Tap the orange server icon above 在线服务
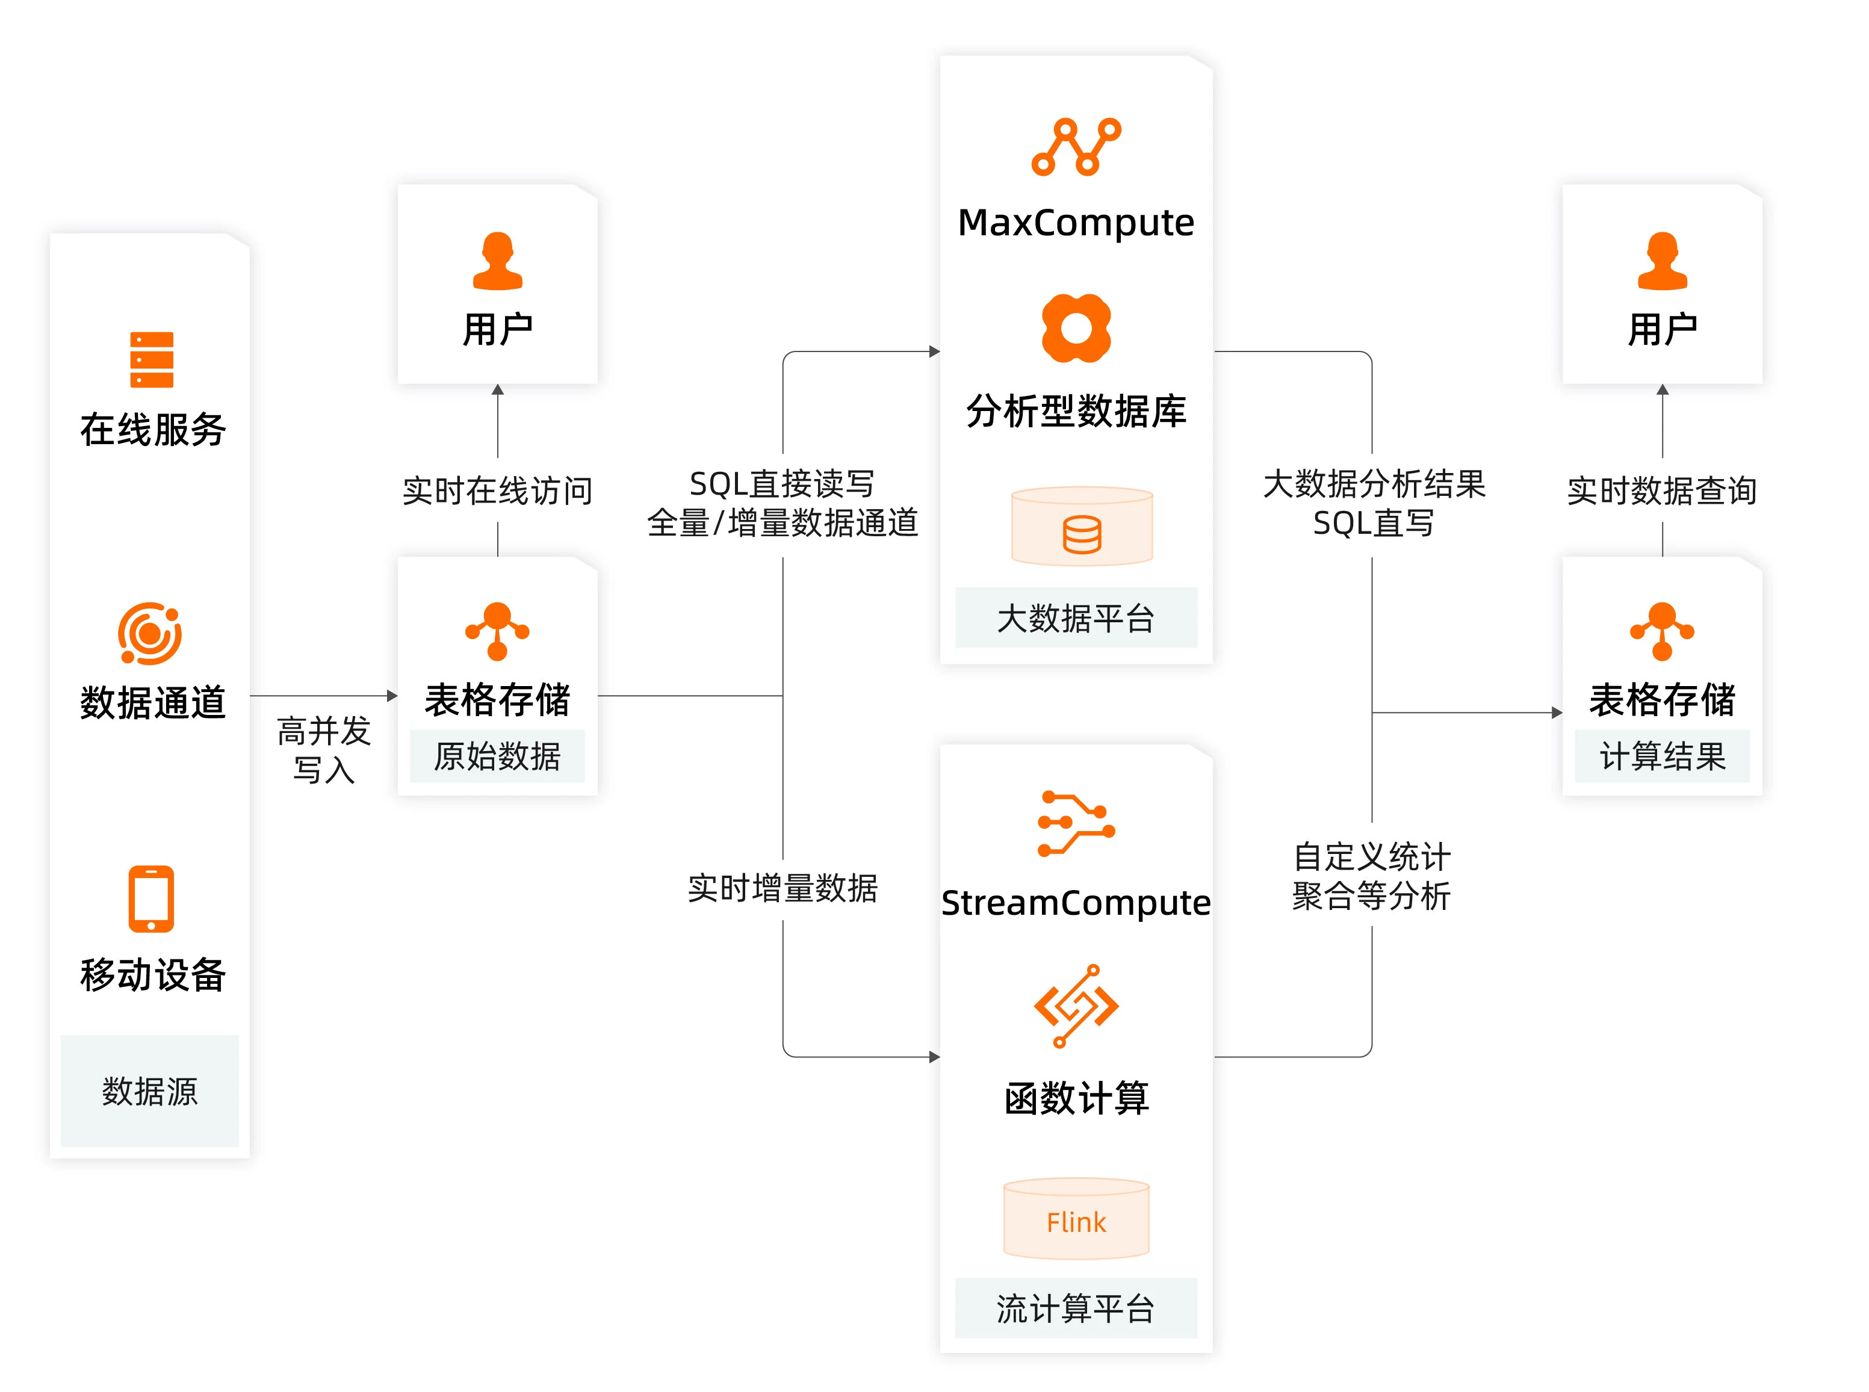[152, 360]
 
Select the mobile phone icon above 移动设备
[151, 899]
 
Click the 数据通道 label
[152, 701]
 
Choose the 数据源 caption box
[150, 1090]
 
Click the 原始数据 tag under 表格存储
[497, 756]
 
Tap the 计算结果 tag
[1662, 756]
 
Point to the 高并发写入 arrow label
[324, 750]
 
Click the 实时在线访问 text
[497, 490]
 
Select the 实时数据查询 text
[1662, 490]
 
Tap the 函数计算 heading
[1076, 1098]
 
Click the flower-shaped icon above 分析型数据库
[1076, 328]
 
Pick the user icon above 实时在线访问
[497, 261]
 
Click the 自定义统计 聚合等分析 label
[1371, 876]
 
